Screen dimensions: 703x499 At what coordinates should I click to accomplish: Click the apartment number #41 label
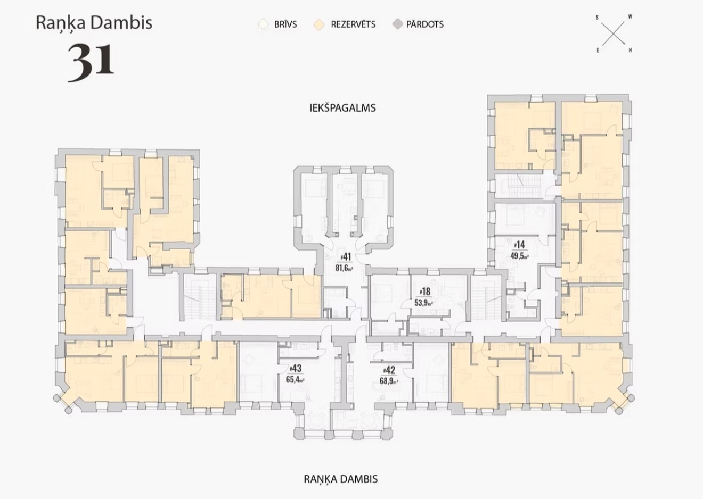(x=346, y=257)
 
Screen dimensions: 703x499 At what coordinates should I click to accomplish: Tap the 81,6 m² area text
(x=344, y=268)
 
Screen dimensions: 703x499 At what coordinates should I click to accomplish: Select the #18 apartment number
(x=425, y=292)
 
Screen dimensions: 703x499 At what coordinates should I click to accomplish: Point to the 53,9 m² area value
(x=424, y=303)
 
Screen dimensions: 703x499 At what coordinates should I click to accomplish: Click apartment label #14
(x=519, y=245)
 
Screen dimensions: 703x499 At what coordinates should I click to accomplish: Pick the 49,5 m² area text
(x=519, y=256)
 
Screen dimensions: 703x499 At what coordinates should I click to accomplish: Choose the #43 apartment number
(x=296, y=368)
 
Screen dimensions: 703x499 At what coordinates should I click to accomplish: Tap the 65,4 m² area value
(x=295, y=379)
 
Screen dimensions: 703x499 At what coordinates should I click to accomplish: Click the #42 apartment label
(x=389, y=370)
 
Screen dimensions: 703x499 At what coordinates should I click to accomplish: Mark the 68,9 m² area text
(x=389, y=382)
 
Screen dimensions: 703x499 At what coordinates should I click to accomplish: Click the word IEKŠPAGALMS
(x=342, y=108)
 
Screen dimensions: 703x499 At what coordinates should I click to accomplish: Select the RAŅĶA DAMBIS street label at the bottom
(x=341, y=479)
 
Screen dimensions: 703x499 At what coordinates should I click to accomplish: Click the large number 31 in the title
(x=91, y=63)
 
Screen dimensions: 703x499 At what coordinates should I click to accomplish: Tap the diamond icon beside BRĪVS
(x=263, y=24)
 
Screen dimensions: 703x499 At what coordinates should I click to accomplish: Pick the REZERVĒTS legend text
(x=353, y=24)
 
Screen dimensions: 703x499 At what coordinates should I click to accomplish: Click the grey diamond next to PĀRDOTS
(x=398, y=24)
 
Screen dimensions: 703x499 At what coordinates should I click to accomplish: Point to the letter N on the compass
(x=630, y=50)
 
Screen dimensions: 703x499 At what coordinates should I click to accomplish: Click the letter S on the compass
(x=597, y=18)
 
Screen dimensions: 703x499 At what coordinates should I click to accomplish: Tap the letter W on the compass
(x=630, y=17)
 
